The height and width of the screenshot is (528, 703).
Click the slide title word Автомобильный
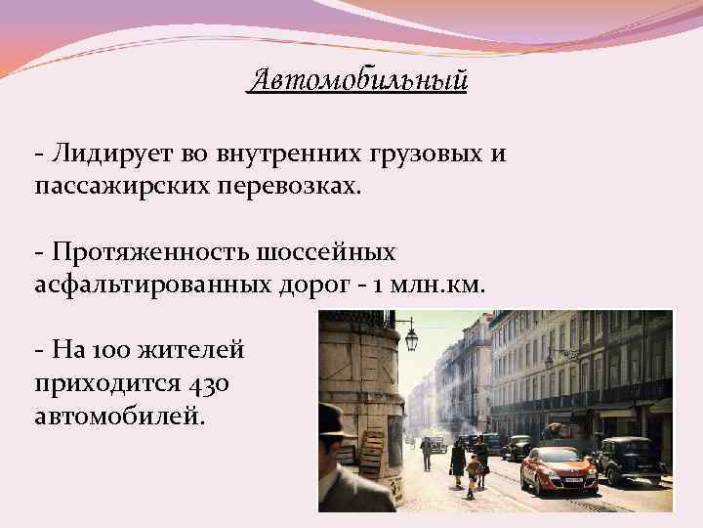[x=358, y=78]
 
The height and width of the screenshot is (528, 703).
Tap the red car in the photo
[x=558, y=470]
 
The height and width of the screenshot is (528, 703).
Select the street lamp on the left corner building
[x=411, y=339]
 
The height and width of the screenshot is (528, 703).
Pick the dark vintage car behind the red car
[x=631, y=457]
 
